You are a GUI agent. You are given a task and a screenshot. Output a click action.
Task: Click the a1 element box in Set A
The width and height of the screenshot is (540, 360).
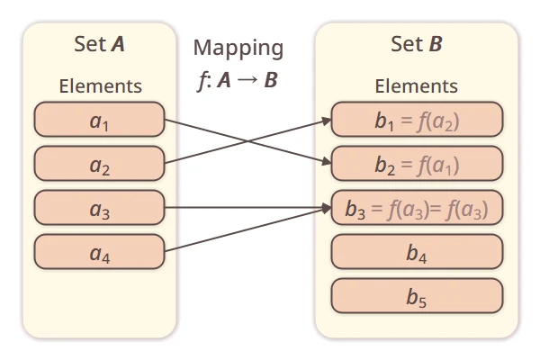[x=99, y=120]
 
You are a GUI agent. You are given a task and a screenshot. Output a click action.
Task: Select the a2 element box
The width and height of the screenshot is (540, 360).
[x=99, y=164]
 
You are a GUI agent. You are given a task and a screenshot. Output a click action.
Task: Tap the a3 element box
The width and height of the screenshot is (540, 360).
[x=99, y=208]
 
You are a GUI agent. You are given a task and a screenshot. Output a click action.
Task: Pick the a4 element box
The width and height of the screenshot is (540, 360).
[x=99, y=252]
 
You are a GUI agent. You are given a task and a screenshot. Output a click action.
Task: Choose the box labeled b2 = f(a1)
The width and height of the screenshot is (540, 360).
[x=417, y=165]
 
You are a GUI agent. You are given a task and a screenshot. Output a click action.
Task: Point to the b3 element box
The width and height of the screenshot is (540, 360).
[x=417, y=209]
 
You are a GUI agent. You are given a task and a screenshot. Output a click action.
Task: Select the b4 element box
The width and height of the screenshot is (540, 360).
[x=417, y=253]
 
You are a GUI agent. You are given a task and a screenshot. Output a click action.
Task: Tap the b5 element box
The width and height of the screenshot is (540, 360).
[x=417, y=296]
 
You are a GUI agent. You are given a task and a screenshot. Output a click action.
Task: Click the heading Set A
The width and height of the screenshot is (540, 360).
[x=100, y=44]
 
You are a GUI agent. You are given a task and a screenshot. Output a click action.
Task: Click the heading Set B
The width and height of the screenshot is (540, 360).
[x=417, y=44]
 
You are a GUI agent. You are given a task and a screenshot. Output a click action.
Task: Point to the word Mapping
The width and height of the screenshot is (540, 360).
[x=238, y=48]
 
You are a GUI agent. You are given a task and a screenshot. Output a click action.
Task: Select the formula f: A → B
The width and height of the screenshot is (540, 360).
[x=238, y=79]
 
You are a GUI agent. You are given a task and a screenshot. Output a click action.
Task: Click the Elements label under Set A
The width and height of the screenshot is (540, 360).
[x=100, y=86]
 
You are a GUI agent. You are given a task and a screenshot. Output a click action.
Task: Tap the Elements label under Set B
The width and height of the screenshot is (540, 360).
[x=417, y=86]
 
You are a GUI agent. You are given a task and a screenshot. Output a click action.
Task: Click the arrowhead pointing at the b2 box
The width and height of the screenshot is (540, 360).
[x=327, y=164]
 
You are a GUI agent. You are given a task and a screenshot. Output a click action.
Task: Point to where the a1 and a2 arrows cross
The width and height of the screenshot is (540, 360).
[x=247, y=141]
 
